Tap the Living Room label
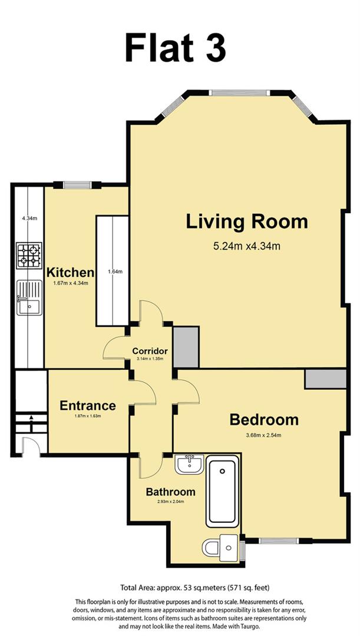247,222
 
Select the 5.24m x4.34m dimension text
247,246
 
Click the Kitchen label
71,272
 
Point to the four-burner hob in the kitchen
29,255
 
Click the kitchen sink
29,298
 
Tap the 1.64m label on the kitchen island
115,271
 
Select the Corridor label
150,351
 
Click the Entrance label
88,406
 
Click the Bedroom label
264,420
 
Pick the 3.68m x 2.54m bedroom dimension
264,436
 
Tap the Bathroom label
170,492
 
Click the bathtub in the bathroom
222,491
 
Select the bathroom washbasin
190,463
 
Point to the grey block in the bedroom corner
325,379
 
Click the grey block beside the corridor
186,347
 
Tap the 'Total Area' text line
195,587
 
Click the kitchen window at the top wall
77,185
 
